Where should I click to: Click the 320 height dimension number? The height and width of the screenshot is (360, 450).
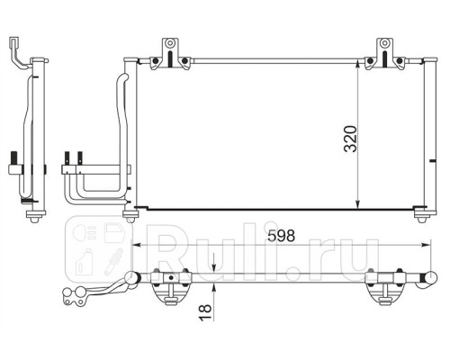coord(351,139)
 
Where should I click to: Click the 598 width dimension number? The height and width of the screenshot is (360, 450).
coord(281,236)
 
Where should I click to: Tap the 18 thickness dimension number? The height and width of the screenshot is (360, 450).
coord(206,313)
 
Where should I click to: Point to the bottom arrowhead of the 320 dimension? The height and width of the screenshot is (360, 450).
coord(357,204)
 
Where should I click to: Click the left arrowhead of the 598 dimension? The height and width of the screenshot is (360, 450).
coord(137,245)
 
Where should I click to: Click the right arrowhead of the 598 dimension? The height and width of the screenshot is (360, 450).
coord(426,245)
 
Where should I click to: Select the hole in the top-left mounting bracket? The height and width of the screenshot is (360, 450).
coord(170,43)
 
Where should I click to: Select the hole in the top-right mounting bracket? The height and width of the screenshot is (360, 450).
coord(384,43)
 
